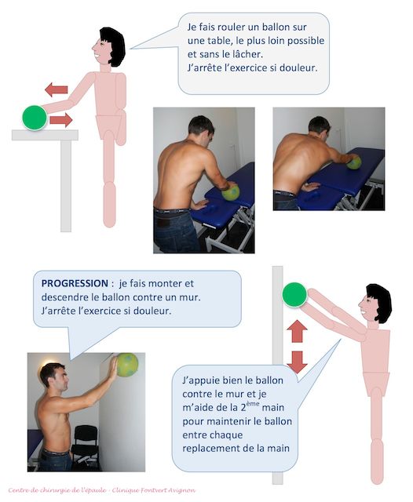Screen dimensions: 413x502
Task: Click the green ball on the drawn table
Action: pos(35,118)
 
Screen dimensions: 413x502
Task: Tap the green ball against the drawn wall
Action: pos(294,295)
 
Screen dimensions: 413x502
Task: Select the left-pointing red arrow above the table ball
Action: pos(57,89)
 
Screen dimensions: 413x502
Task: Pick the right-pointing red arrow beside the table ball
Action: pos(61,120)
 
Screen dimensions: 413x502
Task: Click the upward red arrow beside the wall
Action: pos(297,331)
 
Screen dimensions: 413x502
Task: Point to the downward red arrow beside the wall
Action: pos(297,362)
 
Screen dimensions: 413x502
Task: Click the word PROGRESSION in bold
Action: pos(75,283)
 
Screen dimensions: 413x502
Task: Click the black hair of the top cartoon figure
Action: pos(114,45)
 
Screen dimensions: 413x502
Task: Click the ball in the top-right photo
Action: pos(354,162)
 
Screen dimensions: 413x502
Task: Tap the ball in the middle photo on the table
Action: pos(231,192)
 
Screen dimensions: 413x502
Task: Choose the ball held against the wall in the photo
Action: pos(127,365)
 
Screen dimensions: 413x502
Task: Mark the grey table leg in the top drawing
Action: pos(66,186)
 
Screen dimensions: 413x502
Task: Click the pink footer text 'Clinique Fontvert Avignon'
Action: pos(154,490)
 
